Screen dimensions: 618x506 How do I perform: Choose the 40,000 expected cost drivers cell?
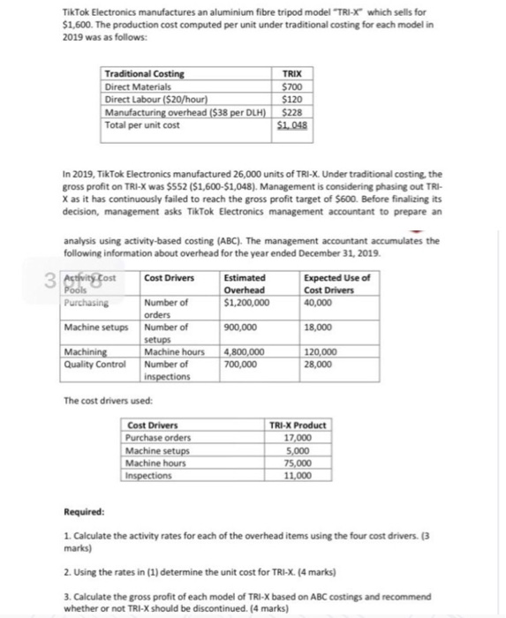[x=317, y=303]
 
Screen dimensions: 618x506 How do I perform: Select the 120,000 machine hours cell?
[x=320, y=353]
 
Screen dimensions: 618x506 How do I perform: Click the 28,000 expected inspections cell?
[x=317, y=364]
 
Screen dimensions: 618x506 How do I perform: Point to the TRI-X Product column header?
[x=297, y=426]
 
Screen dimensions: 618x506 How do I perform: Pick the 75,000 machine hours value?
[x=297, y=463]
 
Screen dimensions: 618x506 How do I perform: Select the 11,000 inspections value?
[x=297, y=475]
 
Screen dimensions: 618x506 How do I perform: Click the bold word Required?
[x=84, y=513]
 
